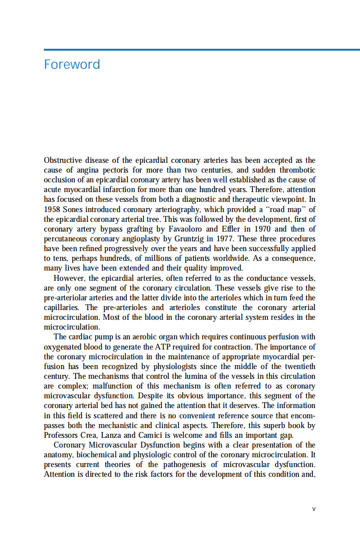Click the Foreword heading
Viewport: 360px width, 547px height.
[72, 64]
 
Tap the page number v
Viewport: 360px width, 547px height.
[314, 508]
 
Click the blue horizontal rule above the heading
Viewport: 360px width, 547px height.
[202, 49]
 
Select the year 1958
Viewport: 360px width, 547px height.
[53, 209]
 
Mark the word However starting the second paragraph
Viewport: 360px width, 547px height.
[69, 278]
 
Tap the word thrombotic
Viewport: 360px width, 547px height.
[295, 170]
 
